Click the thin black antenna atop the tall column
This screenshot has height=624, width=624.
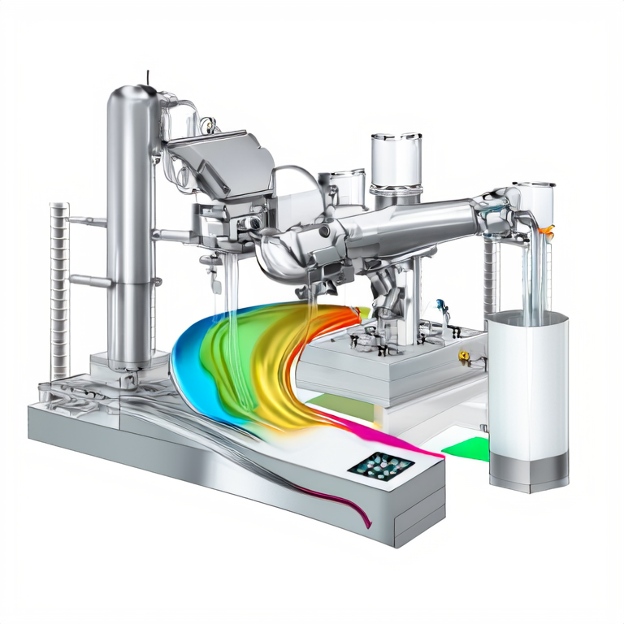[x=148, y=78]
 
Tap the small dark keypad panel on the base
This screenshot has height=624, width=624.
[x=380, y=465]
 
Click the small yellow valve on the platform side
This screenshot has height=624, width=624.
[x=464, y=355]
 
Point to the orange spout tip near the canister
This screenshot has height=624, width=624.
[x=549, y=231]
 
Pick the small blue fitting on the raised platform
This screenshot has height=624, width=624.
[x=441, y=306]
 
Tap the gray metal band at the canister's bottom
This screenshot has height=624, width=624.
[x=527, y=469]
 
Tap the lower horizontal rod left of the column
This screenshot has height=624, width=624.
[x=89, y=280]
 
